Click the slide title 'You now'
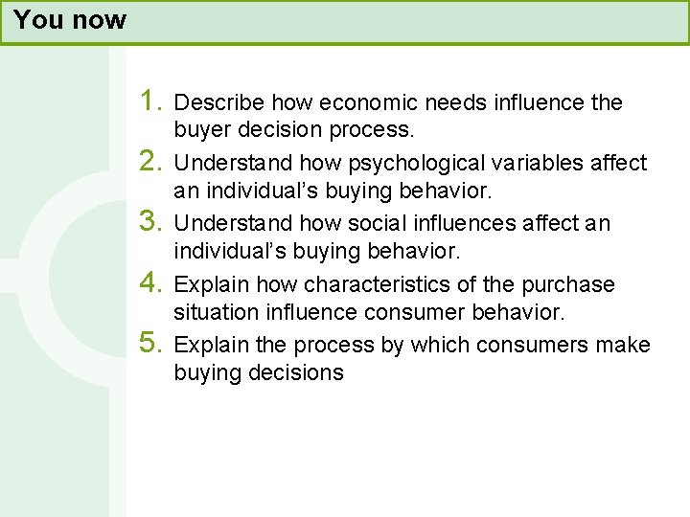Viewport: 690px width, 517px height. pos(70,20)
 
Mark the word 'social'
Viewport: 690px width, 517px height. pos(330,224)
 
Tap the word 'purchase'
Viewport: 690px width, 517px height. pos(568,285)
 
